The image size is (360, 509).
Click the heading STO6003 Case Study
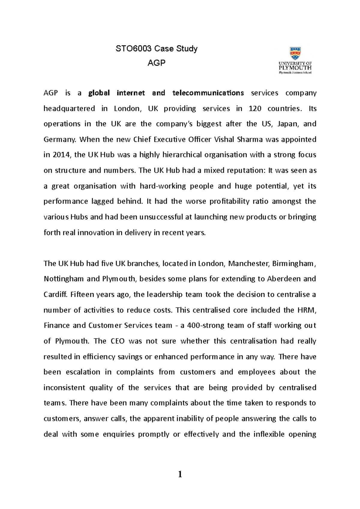(157, 49)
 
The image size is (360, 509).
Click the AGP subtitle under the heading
(157, 63)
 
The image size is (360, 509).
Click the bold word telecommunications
(208, 93)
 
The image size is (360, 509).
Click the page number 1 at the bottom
(180, 475)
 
